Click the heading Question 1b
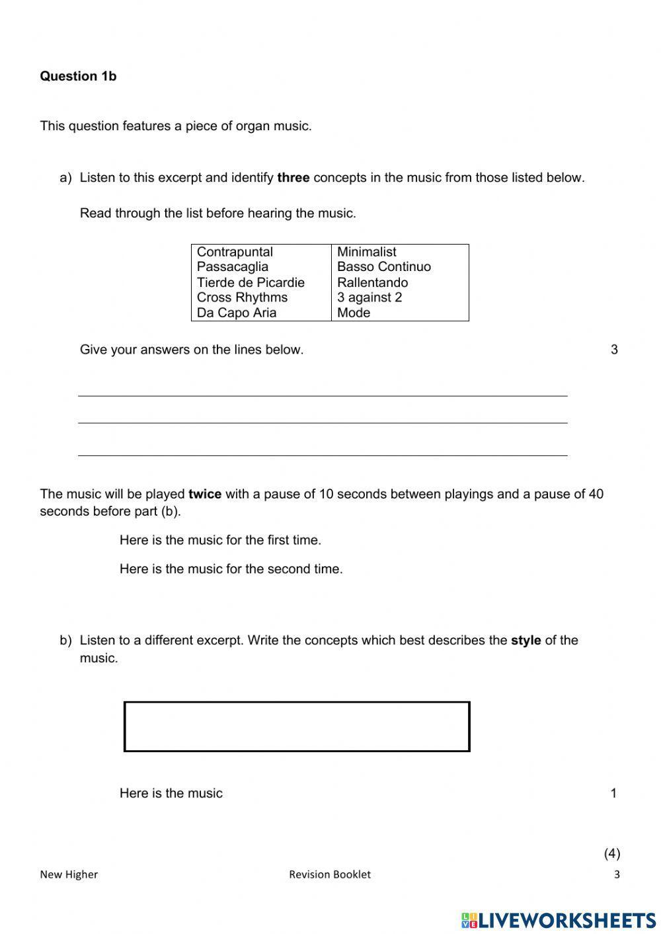(x=78, y=76)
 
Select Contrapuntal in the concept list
(x=235, y=252)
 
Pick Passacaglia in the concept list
(x=233, y=267)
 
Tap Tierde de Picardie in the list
(x=251, y=282)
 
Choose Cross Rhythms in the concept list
(x=242, y=297)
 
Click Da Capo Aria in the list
(x=237, y=313)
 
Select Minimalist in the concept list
(x=366, y=252)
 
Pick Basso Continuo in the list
(x=383, y=267)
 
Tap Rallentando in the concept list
(x=372, y=282)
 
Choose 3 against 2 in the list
(x=369, y=297)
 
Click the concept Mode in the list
(x=354, y=313)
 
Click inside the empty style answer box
(x=297, y=726)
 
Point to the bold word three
(x=293, y=178)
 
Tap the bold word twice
(x=205, y=494)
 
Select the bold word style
(x=525, y=641)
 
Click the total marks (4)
(x=612, y=853)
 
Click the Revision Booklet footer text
(x=329, y=875)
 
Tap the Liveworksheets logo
(x=559, y=920)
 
